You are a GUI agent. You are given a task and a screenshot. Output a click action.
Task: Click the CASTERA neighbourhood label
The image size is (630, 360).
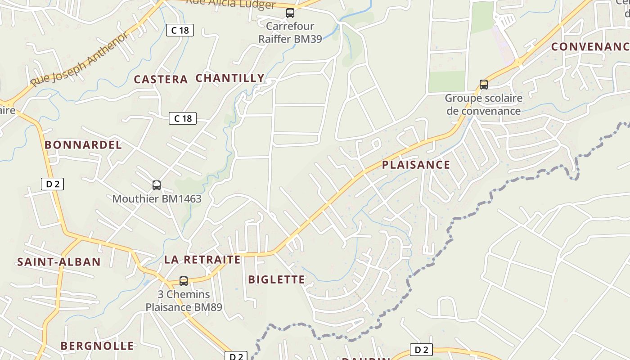(161, 80)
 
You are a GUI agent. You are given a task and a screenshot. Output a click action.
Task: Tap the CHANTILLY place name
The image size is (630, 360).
(230, 78)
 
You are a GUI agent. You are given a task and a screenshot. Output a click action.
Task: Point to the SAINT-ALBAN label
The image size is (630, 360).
(59, 262)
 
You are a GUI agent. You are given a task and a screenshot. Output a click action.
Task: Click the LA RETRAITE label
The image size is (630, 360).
(202, 260)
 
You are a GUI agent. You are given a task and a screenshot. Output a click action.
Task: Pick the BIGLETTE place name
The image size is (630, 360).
(277, 279)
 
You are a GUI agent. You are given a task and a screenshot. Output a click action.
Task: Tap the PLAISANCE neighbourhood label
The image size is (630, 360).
(416, 165)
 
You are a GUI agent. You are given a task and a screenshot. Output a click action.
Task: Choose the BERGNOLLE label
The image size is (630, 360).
(97, 346)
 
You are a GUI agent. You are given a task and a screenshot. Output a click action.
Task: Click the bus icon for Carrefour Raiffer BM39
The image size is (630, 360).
(290, 13)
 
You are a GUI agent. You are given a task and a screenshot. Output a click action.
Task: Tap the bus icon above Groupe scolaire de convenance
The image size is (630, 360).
(484, 84)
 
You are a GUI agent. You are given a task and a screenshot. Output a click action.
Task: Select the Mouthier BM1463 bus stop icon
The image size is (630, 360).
(157, 185)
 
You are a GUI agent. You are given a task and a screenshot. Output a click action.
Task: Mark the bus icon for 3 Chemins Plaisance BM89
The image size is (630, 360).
(184, 281)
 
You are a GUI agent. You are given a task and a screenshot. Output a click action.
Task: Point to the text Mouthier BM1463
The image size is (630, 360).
(157, 198)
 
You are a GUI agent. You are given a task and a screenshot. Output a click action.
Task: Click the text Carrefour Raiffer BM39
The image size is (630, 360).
(290, 32)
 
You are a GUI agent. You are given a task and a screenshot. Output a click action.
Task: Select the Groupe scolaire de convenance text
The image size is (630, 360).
(484, 104)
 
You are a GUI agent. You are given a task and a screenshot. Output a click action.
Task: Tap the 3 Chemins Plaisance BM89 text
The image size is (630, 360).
(184, 301)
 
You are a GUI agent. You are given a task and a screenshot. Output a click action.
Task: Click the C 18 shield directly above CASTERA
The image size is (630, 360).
(180, 30)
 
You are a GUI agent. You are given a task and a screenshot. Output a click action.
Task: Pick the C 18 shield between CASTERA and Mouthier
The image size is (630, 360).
(183, 118)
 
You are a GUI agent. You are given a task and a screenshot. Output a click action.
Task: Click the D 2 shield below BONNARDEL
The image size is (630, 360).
(53, 184)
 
